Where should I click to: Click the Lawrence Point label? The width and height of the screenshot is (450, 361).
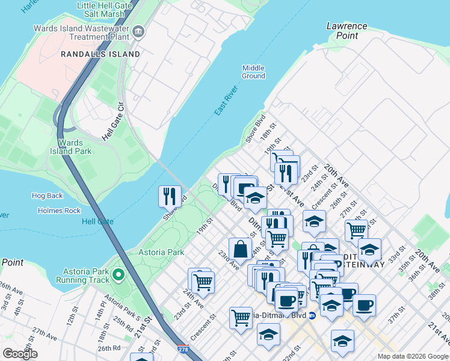347,31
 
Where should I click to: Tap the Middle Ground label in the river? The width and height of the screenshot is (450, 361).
253,72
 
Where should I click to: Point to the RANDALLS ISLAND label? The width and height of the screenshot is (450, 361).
100,54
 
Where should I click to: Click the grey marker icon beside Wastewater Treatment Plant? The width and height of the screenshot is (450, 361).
139,31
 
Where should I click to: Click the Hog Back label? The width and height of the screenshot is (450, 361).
47,196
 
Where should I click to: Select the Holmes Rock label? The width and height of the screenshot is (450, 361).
59,211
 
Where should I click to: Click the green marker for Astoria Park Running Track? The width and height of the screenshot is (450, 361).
119,275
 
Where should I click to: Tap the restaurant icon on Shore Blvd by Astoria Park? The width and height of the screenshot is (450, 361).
170,196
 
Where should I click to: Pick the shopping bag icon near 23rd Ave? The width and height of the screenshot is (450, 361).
240,248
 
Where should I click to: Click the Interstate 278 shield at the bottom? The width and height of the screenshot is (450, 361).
182,348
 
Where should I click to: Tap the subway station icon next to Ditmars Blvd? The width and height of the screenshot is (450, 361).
312,315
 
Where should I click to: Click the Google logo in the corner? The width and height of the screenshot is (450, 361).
20,354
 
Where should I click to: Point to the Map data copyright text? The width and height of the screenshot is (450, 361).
413,356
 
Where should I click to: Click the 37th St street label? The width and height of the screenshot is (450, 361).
394,318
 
